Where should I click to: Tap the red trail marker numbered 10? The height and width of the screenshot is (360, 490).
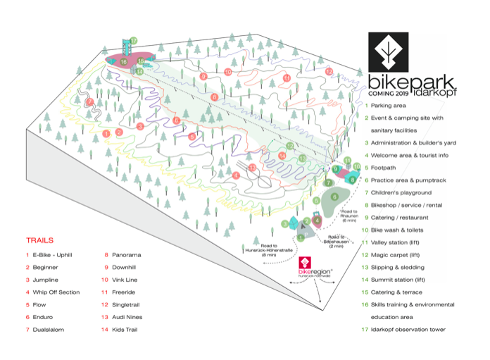[x=227, y=72]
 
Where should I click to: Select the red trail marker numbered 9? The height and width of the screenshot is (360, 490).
[x=203, y=76]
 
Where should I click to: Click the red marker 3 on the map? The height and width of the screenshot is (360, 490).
[x=140, y=126]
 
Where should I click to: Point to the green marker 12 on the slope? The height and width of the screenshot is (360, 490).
[x=289, y=146]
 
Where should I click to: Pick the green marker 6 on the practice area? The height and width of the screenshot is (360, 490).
[x=334, y=197]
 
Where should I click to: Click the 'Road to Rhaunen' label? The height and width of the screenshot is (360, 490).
[x=350, y=215]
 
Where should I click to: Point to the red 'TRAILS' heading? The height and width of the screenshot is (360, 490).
[x=40, y=240]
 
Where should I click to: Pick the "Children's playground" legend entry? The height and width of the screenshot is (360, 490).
[x=401, y=192]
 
